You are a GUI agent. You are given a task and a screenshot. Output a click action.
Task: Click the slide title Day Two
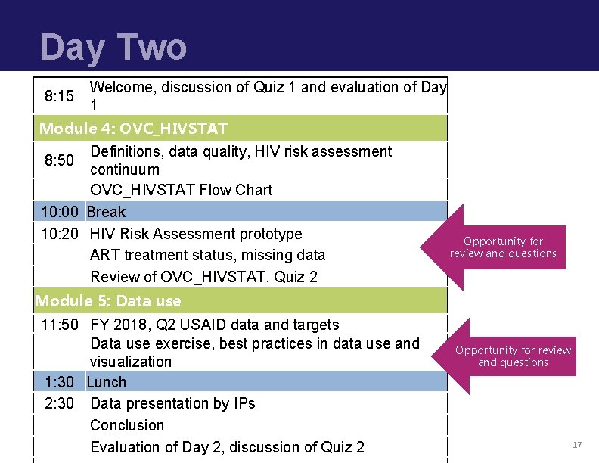click(113, 47)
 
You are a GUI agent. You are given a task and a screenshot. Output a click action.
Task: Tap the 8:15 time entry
click(59, 96)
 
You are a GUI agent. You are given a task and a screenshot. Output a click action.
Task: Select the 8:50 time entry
click(59, 160)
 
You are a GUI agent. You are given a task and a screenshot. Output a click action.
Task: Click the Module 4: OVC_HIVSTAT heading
click(133, 128)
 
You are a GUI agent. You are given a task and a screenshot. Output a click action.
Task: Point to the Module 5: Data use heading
click(108, 301)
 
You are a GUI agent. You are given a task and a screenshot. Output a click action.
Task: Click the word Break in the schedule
click(107, 212)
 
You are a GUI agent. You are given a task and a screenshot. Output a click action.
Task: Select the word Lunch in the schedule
click(107, 382)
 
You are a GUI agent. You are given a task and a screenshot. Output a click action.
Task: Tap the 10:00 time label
click(60, 212)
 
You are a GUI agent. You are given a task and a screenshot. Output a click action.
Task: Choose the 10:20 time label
click(60, 234)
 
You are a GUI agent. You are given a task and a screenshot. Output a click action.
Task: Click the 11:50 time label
click(60, 325)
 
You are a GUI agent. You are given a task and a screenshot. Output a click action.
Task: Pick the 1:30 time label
click(60, 382)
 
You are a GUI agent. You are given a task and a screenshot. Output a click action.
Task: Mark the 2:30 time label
click(60, 403)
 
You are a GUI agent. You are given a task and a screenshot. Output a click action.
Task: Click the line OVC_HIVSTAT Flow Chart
click(181, 190)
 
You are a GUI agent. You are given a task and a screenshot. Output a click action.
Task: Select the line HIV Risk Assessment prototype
click(196, 234)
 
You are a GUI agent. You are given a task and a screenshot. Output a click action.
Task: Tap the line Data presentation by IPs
click(172, 403)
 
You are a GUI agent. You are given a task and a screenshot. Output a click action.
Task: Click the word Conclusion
click(127, 425)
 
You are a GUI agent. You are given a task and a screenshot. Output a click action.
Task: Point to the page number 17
click(577, 445)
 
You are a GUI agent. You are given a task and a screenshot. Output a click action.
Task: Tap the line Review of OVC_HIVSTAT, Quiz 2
click(203, 277)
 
